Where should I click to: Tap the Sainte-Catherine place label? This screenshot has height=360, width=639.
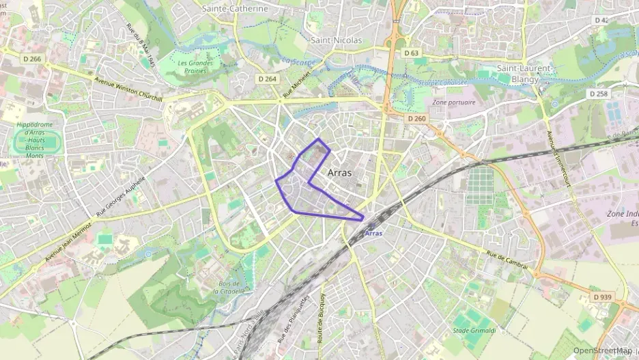point(235,9)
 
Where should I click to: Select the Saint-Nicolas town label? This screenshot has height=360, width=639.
point(336,40)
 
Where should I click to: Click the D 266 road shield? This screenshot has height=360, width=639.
point(31,59)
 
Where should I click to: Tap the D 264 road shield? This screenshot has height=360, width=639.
point(268,79)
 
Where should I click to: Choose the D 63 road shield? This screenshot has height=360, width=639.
point(411,53)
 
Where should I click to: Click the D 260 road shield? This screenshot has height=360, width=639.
point(416,119)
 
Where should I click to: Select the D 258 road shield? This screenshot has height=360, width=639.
point(597,94)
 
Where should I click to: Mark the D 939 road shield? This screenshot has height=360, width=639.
point(602,297)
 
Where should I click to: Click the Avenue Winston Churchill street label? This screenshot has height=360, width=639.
point(128,88)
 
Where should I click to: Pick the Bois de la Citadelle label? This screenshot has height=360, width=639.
point(225,287)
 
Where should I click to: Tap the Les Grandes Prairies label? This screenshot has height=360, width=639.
point(195,67)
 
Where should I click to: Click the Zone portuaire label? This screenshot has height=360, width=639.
point(454,102)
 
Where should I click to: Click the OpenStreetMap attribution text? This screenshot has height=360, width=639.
point(602,351)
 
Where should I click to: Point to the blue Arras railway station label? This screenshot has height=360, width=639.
point(373,233)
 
